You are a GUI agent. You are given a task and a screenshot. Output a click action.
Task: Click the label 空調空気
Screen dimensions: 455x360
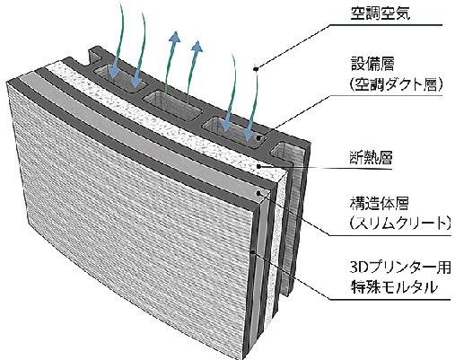coord(381,13)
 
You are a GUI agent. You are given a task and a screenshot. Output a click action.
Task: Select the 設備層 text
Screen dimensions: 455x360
coord(372,64)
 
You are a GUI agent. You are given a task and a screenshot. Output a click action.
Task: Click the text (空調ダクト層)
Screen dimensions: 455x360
coord(396,84)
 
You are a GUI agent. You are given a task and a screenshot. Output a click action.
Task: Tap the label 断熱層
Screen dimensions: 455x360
coord(371,158)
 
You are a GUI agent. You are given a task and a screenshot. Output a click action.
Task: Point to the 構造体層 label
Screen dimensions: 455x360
coord(379,203)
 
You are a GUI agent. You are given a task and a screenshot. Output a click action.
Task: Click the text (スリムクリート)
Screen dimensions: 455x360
coord(400,224)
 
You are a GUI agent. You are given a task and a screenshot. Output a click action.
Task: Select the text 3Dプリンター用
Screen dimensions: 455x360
coord(400,268)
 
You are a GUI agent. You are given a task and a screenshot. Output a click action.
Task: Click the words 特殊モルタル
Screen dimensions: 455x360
coord(394,287)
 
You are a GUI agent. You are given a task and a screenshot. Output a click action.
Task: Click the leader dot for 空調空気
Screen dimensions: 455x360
coord(256,69)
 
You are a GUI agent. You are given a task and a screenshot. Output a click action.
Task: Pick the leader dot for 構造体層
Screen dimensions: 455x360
coord(258,193)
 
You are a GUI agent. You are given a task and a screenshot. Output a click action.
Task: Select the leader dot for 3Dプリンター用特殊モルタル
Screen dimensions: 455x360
coord(253,251)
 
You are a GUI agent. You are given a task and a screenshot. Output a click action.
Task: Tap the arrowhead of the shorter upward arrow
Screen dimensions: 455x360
coord(197,47)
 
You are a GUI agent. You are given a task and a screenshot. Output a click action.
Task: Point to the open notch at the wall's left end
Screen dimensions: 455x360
coord(95,57)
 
